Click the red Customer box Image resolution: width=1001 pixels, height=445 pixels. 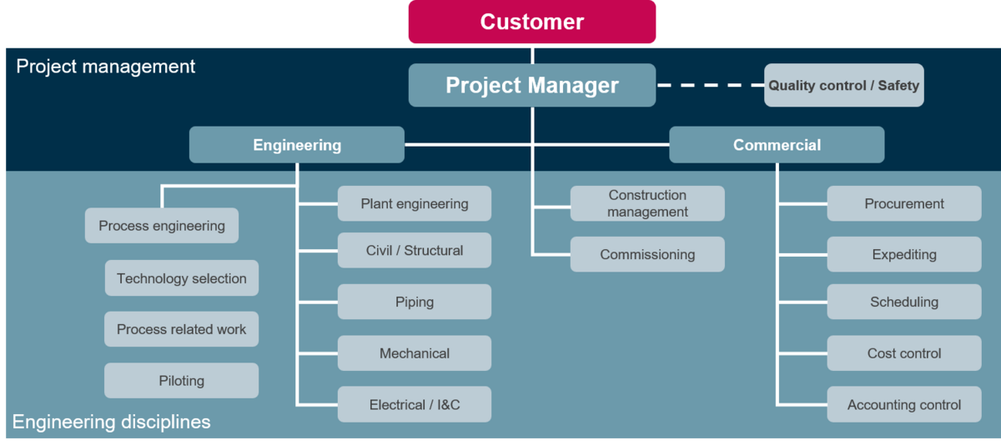[x=532, y=22]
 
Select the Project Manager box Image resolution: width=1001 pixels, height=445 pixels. [x=532, y=85]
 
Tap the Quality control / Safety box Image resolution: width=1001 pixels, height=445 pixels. [x=843, y=85]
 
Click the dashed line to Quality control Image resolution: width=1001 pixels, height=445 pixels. [x=710, y=85]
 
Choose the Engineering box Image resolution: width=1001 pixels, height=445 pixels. [x=297, y=145]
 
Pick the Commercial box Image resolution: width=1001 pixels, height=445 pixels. [x=777, y=145]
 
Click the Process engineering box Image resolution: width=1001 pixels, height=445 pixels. [x=162, y=226]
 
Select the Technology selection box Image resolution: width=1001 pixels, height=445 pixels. [x=182, y=278]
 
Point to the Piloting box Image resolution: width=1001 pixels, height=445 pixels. [x=182, y=381]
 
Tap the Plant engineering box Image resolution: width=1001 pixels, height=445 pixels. [x=415, y=203]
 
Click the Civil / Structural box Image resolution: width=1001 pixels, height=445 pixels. [x=415, y=250]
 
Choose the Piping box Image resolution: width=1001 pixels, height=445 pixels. [x=415, y=302]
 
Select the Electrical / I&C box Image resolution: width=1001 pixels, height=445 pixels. [x=415, y=405]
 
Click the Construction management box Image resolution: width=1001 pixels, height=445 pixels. [x=647, y=203]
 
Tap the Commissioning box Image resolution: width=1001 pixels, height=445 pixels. [x=647, y=255]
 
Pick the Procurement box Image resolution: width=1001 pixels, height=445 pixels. [x=904, y=203]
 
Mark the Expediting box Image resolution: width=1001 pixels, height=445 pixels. [x=904, y=255]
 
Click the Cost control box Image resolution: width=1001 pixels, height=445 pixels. [x=904, y=353]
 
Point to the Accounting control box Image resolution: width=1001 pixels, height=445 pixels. [x=904, y=405]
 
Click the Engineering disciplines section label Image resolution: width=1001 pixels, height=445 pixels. [x=112, y=422]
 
